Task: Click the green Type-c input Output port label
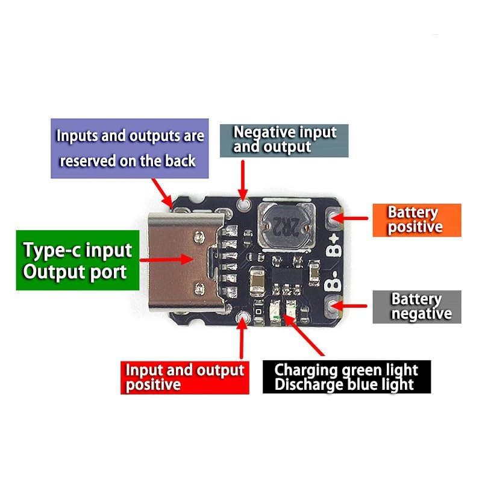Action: (x=78, y=260)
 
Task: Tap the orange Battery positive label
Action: (x=417, y=220)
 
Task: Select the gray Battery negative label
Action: (x=417, y=307)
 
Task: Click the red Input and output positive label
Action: (x=185, y=378)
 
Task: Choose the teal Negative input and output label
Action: (x=284, y=141)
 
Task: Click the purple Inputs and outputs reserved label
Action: (x=130, y=148)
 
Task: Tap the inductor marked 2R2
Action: (x=286, y=227)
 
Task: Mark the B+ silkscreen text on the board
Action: (x=334, y=245)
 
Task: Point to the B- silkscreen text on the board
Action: (x=333, y=281)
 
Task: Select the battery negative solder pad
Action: (x=333, y=306)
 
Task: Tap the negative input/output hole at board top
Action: (x=243, y=203)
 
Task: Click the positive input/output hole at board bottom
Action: (x=242, y=317)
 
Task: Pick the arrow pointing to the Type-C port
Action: (x=166, y=259)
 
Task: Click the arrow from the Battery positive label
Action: (x=349, y=218)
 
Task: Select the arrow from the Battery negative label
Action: (x=349, y=306)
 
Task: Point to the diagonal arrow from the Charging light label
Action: (x=303, y=335)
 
